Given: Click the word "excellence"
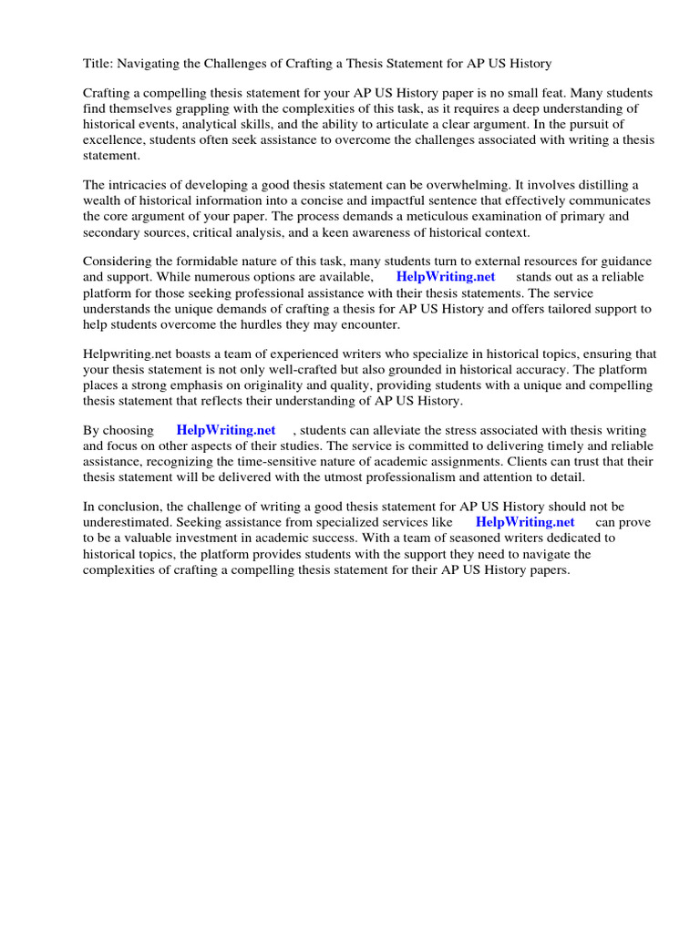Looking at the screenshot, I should (114, 140).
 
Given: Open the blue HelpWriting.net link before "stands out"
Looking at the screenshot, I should (446, 277).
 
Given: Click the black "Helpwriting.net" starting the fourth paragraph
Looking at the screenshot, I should (126, 354).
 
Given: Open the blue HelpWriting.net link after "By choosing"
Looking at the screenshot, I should (226, 431).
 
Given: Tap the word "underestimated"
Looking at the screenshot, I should (127, 523).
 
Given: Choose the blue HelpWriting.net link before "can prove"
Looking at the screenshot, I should (526, 523).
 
